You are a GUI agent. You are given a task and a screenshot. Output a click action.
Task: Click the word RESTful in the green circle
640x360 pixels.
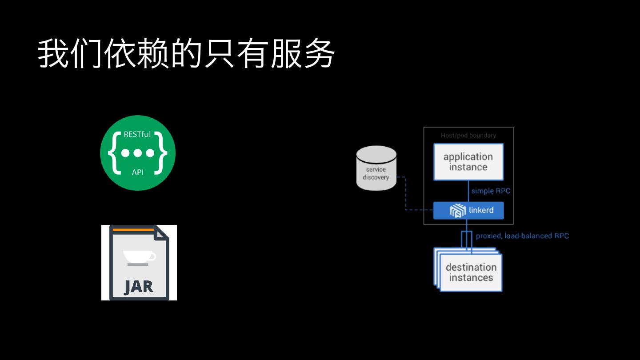[x=137, y=134]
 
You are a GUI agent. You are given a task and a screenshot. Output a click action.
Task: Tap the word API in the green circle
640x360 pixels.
[x=137, y=172]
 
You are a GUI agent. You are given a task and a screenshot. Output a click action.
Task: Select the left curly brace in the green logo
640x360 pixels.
[x=114, y=152]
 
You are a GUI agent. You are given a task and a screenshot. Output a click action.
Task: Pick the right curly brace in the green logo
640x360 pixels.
[x=161, y=152]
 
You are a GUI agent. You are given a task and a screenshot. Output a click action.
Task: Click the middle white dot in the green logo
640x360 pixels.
[x=137, y=153]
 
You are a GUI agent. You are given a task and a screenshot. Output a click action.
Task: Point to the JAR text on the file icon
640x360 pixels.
[x=139, y=287]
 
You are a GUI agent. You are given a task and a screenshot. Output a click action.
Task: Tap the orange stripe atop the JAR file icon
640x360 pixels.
[x=133, y=230]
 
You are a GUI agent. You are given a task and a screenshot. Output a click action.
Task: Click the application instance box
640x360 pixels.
[x=468, y=162]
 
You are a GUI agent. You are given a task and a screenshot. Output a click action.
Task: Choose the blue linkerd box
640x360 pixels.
[x=468, y=210]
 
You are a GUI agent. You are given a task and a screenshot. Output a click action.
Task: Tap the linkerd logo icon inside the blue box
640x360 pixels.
[x=457, y=211]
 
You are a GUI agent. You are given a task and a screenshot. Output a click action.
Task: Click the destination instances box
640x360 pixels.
[x=471, y=272]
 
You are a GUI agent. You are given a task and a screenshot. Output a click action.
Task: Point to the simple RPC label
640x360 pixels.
[x=491, y=191]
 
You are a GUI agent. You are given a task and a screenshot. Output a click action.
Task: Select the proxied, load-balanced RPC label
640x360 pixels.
[x=522, y=236]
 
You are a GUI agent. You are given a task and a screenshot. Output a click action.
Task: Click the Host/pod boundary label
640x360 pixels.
[x=468, y=135]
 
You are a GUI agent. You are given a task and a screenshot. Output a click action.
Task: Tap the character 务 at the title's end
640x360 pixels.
[x=319, y=54]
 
